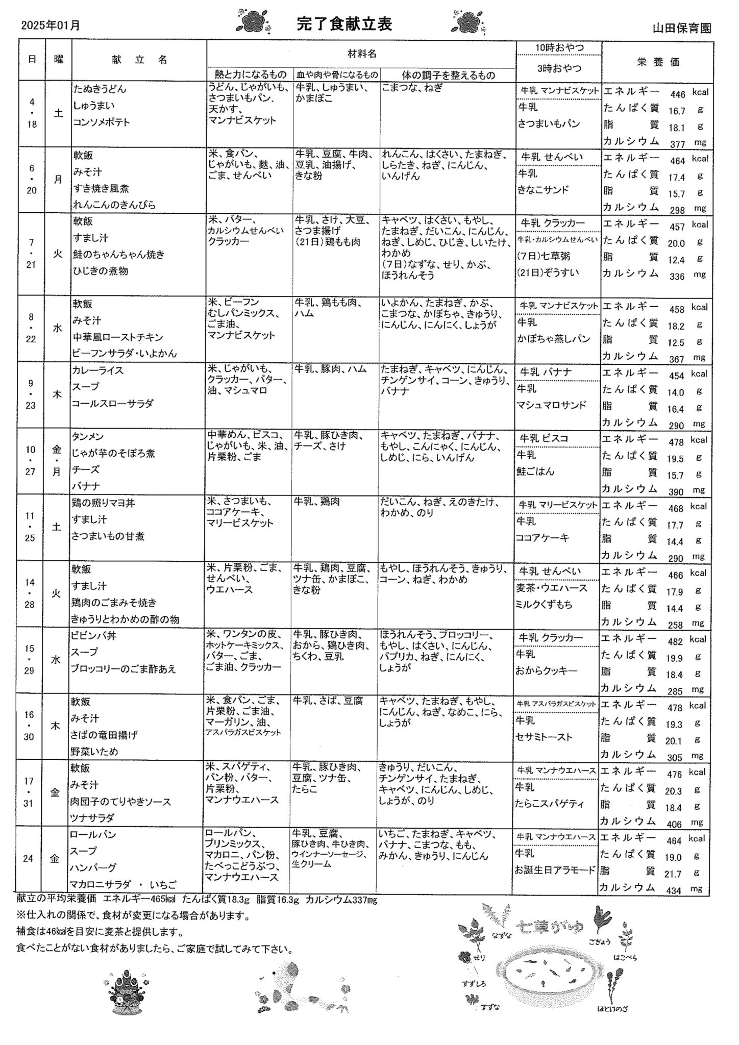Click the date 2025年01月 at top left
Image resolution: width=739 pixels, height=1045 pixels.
click(51, 25)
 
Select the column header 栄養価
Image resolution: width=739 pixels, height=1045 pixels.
click(658, 62)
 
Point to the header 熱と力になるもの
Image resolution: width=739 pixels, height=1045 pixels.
click(250, 75)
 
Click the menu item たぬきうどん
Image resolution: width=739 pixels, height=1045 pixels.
click(100, 89)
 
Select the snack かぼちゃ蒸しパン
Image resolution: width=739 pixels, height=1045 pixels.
click(547, 339)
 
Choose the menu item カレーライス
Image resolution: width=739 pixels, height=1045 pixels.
click(98, 370)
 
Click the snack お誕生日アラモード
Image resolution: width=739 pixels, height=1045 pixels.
click(555, 870)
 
